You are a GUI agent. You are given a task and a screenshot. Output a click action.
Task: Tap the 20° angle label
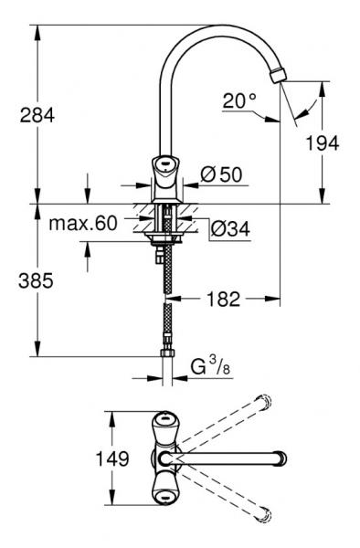tap(240, 100)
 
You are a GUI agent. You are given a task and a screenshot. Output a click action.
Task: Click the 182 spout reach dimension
tap(222, 299)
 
